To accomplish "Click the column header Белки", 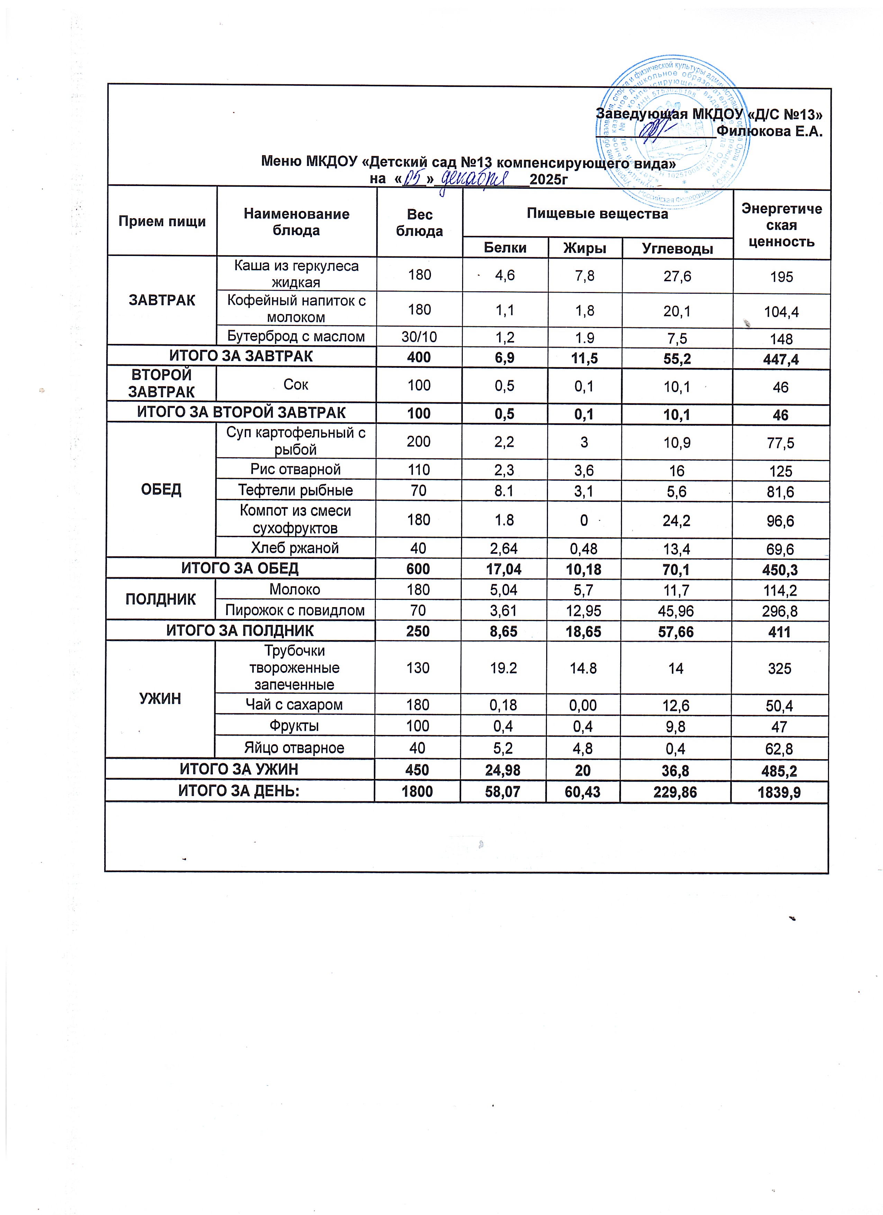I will (505, 248).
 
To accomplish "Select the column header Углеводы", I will (677, 249).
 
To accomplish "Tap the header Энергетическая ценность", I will (781, 225).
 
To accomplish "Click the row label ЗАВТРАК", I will (162, 300).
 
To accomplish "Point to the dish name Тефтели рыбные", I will (296, 490).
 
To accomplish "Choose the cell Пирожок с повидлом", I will (295, 610).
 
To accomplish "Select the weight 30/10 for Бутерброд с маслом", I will (419, 336).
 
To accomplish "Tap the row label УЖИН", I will (160, 699).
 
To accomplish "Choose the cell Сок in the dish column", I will (296, 385).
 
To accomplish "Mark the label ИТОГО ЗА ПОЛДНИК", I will (240, 631).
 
